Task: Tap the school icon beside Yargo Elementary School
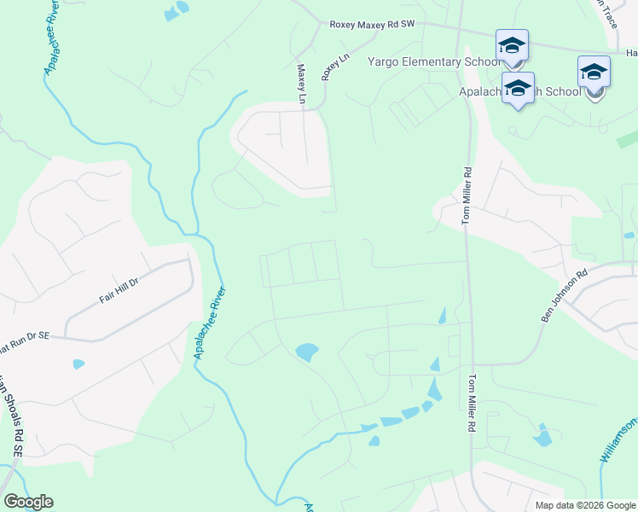click(x=512, y=46)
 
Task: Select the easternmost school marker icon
click(x=594, y=73)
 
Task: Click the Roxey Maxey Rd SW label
click(x=371, y=26)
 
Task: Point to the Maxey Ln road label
click(x=301, y=84)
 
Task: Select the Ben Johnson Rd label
click(x=565, y=296)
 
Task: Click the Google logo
click(x=28, y=502)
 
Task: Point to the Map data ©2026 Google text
click(x=584, y=505)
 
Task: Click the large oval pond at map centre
click(x=305, y=351)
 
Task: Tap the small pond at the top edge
click(x=177, y=11)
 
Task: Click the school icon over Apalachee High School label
click(x=518, y=89)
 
